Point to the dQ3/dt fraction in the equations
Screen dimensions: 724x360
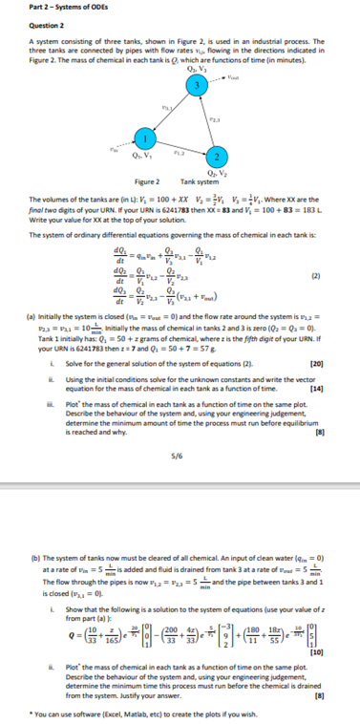point(118,266)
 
